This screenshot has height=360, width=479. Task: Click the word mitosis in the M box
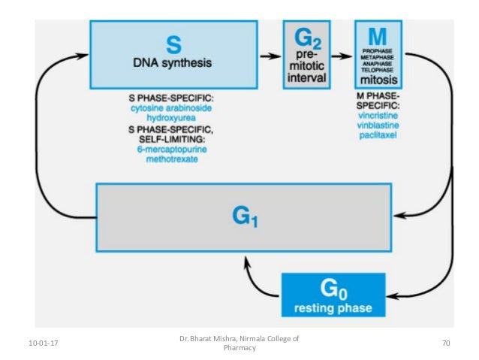(x=380, y=80)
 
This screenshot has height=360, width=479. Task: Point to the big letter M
(x=379, y=34)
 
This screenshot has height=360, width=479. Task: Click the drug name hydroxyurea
(x=173, y=119)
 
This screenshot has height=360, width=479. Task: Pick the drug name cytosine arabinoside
(x=173, y=109)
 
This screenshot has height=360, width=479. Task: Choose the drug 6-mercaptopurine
(x=173, y=150)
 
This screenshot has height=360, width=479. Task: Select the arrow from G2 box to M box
(x=342, y=55)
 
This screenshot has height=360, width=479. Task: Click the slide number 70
(x=445, y=344)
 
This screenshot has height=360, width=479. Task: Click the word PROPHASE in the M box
(x=379, y=48)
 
